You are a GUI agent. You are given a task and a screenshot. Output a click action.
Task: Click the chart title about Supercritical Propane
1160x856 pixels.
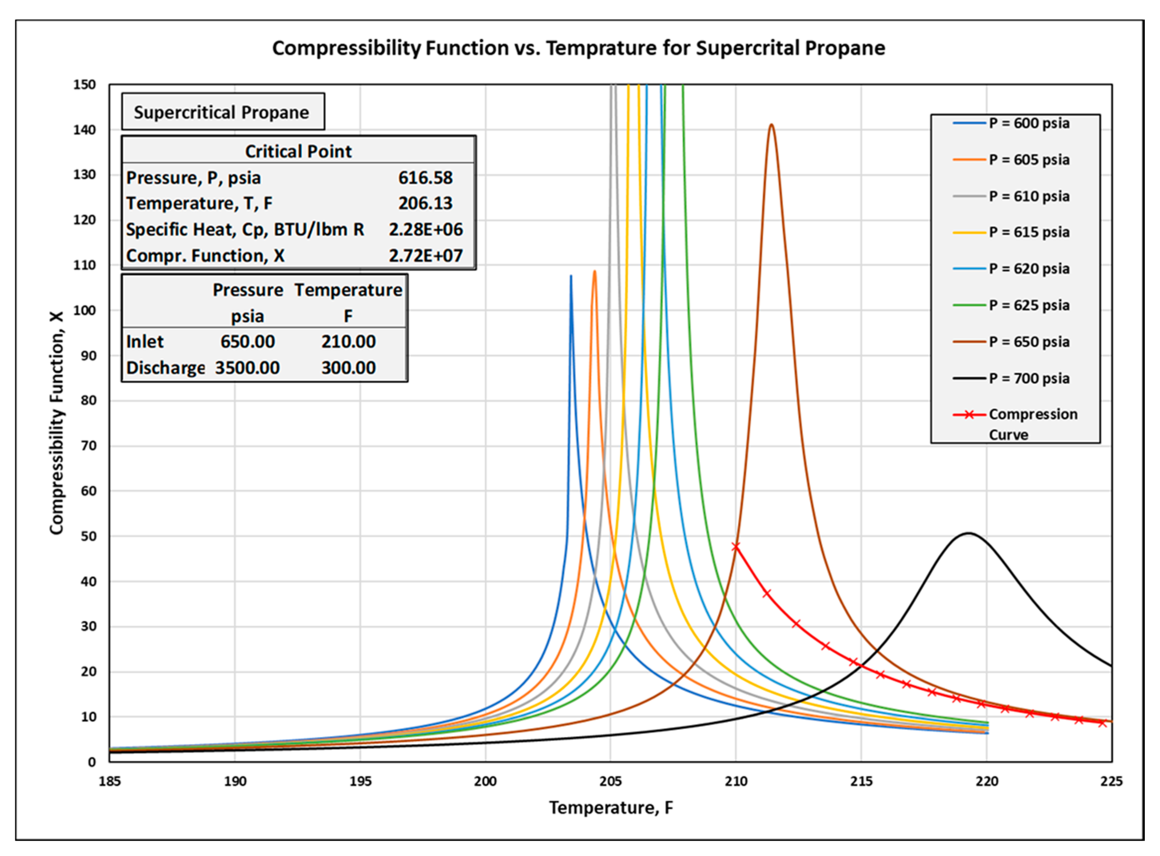point(578,48)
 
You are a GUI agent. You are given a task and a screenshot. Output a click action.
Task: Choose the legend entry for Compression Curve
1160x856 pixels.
point(1032,415)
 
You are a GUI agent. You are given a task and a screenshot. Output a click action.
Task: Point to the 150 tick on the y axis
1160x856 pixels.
point(84,84)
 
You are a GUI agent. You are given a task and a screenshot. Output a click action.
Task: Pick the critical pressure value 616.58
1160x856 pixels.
point(425,178)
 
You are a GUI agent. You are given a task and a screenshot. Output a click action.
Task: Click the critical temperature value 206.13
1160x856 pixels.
point(425,203)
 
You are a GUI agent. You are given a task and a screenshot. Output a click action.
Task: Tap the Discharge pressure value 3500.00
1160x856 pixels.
point(247,368)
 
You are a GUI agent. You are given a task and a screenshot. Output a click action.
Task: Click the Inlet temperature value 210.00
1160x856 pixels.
point(348,341)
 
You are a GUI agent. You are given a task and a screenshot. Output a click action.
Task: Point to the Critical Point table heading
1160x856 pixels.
point(298,151)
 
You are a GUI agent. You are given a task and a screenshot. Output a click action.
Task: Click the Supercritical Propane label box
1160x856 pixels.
point(223,112)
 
